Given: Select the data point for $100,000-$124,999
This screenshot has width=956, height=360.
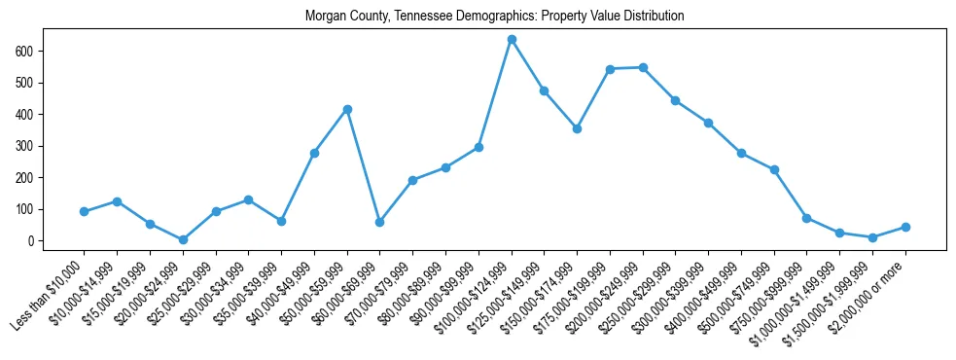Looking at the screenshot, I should [x=512, y=40].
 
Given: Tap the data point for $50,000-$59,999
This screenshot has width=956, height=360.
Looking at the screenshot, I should [x=347, y=109].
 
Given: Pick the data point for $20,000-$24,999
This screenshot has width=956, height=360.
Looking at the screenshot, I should [x=183, y=239].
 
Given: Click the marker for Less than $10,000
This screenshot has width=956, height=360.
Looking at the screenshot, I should [x=85, y=211].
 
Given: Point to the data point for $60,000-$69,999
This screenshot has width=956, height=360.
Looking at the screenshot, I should [x=380, y=222].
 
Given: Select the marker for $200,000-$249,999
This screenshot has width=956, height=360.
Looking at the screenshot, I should [x=643, y=67].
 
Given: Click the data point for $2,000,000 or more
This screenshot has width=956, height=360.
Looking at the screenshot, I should [x=905, y=227].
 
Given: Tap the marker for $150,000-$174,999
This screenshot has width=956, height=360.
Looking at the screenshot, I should [x=577, y=128].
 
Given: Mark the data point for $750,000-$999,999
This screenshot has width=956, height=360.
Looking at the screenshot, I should [x=807, y=218].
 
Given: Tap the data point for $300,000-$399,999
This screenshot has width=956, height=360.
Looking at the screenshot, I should [x=708, y=123].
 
